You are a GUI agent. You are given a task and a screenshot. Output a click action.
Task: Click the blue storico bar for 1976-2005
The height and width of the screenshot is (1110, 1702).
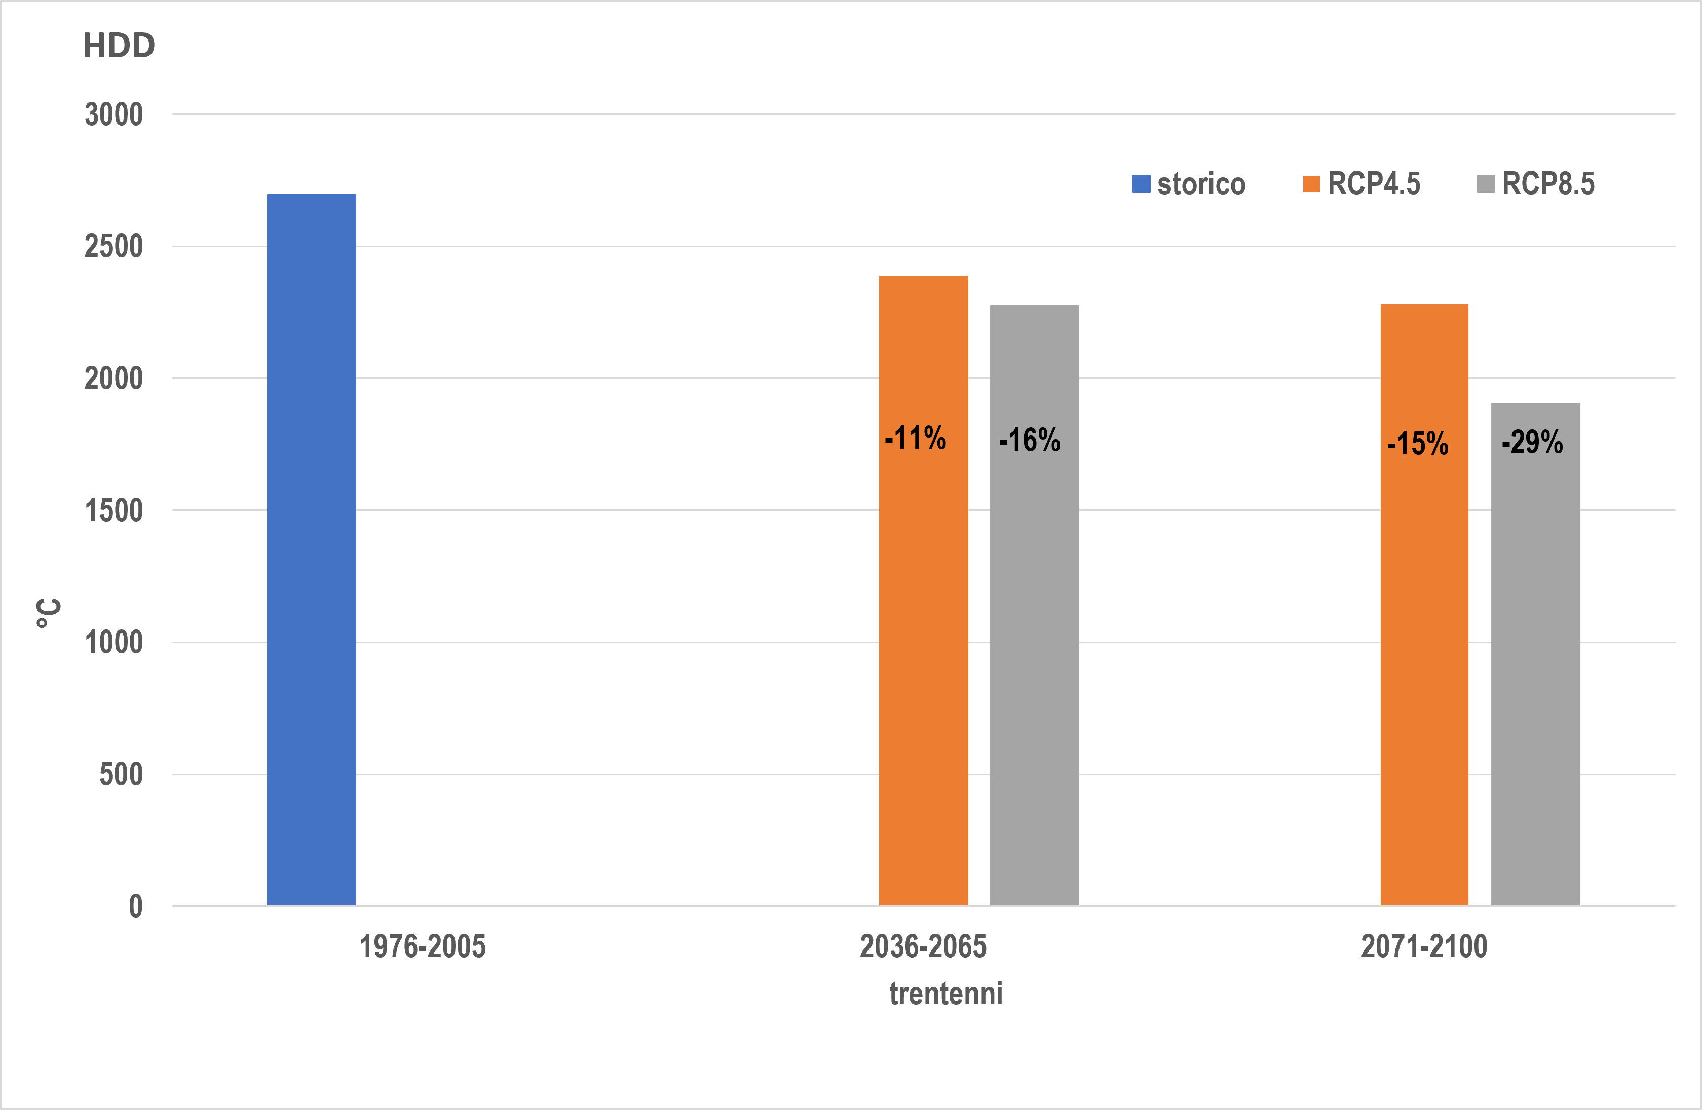(x=311, y=549)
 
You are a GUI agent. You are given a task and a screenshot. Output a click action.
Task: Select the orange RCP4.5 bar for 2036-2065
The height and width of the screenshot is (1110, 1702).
(x=923, y=590)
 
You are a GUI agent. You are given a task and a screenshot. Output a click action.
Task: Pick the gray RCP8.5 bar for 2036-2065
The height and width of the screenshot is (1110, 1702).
(x=1034, y=606)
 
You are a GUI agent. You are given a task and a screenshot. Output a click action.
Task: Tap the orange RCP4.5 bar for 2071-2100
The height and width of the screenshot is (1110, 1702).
(x=1424, y=605)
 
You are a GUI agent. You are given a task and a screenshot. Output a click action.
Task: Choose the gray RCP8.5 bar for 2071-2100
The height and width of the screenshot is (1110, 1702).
(x=1535, y=654)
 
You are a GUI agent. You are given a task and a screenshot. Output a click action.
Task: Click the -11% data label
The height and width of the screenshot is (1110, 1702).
(x=916, y=438)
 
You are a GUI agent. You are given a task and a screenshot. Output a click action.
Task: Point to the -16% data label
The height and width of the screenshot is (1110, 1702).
(x=1030, y=440)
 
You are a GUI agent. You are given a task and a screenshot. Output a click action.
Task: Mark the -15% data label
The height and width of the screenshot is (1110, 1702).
(x=1418, y=443)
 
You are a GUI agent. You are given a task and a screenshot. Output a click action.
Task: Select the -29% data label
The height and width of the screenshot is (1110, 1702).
(x=1533, y=442)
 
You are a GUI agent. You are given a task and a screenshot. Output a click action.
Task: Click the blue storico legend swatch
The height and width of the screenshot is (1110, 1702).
(x=1142, y=184)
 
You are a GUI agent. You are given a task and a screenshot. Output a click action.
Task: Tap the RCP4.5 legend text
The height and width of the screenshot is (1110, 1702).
(x=1374, y=184)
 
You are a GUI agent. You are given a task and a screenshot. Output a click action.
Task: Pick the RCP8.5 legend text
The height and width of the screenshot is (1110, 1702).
(x=1548, y=184)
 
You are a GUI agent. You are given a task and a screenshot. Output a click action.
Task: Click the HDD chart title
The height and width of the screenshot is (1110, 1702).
(x=119, y=46)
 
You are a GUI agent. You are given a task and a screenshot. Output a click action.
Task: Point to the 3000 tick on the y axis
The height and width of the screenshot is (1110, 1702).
(x=114, y=114)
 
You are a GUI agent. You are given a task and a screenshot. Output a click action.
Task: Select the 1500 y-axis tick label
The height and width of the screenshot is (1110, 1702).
(x=114, y=510)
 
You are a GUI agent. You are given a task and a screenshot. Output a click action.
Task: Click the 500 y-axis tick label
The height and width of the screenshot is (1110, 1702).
(x=121, y=774)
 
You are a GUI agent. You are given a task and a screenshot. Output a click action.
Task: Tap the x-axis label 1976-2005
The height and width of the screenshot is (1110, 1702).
(x=423, y=946)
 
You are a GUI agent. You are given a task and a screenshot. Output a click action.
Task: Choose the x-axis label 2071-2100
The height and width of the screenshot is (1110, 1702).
(x=1424, y=946)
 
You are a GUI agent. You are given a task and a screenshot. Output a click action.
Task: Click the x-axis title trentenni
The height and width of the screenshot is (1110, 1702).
(x=945, y=994)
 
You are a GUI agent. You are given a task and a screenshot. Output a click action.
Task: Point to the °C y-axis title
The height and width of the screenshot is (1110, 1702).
(x=49, y=613)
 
